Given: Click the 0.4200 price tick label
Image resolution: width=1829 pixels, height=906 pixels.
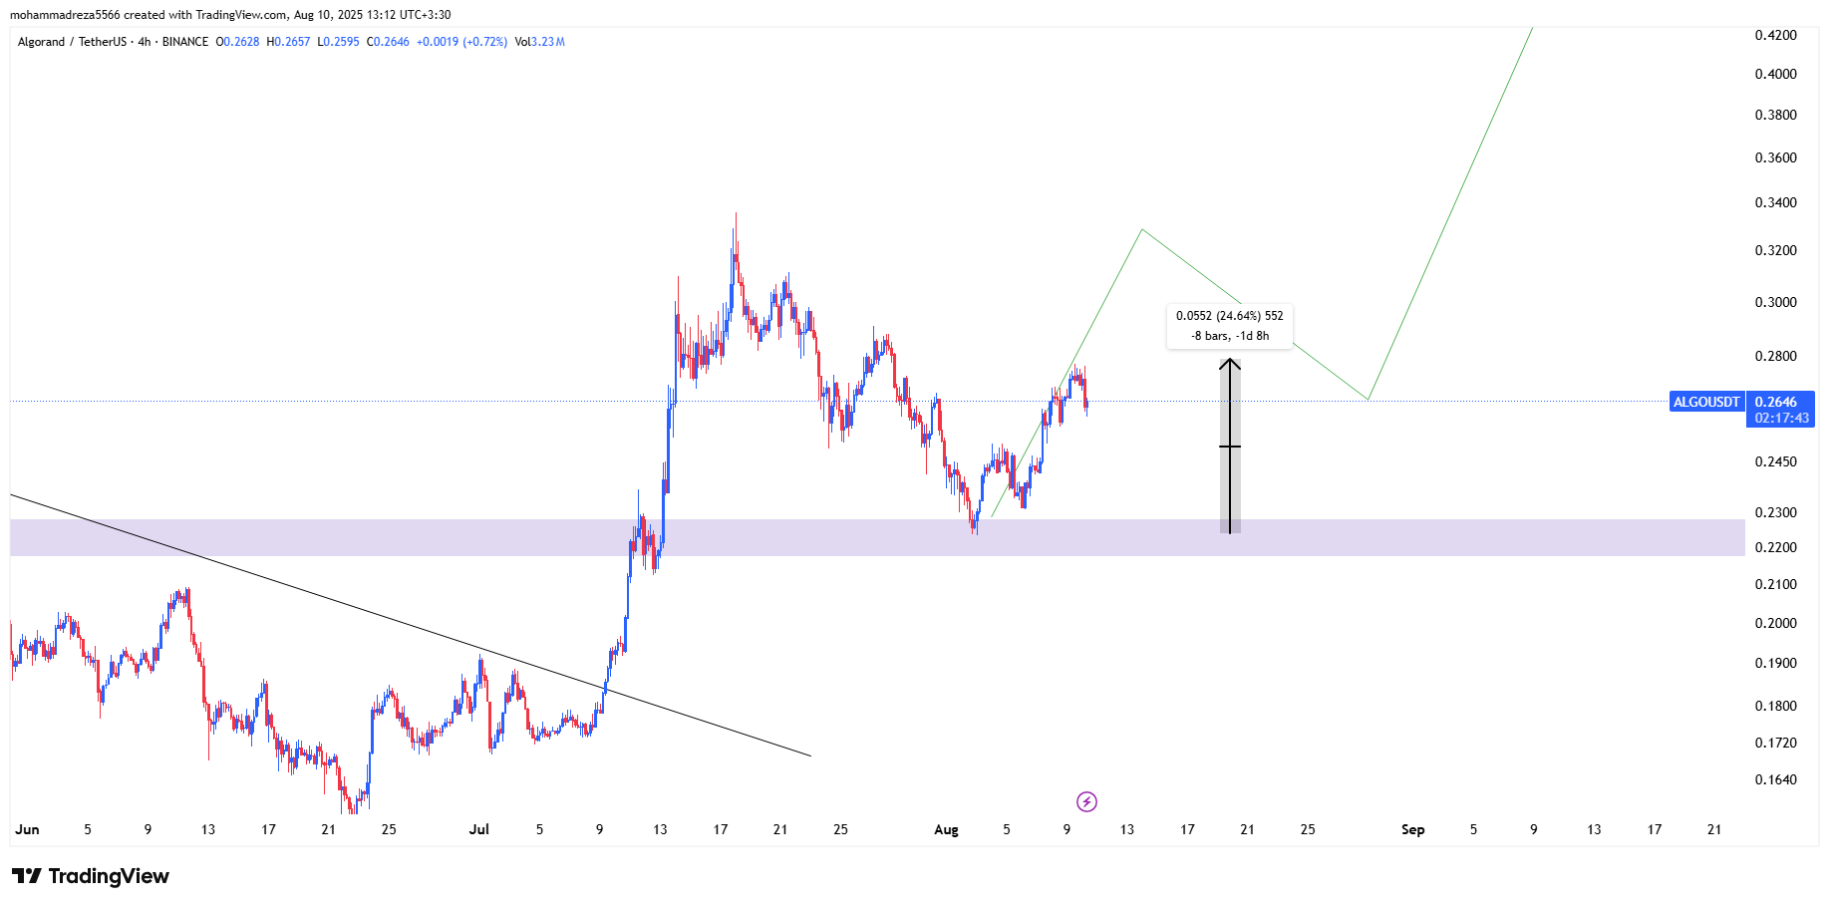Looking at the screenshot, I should pyautogui.click(x=1775, y=35).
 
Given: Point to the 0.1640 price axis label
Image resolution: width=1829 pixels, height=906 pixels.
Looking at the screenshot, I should pyautogui.click(x=1775, y=779).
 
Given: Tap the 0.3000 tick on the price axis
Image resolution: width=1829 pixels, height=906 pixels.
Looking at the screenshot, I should pyautogui.click(x=1775, y=302).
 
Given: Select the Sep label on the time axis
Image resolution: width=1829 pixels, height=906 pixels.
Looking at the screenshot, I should pyautogui.click(x=1412, y=829).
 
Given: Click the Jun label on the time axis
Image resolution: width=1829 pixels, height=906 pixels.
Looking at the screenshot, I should pyautogui.click(x=28, y=829).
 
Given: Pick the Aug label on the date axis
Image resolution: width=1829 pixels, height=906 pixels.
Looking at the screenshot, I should pyautogui.click(x=946, y=829).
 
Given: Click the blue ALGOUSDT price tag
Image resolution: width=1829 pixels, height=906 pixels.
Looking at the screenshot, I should pyautogui.click(x=1706, y=402).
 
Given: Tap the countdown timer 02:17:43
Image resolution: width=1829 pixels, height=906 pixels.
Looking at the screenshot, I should pyautogui.click(x=1781, y=419).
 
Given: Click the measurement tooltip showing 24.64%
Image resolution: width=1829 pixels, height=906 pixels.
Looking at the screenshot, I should pyautogui.click(x=1229, y=325).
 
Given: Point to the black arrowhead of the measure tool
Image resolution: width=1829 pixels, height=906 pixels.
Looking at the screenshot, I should pyautogui.click(x=1230, y=364).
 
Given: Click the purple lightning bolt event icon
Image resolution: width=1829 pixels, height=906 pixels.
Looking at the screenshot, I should pyautogui.click(x=1086, y=801).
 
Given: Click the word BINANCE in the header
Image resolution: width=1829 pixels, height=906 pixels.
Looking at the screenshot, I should pyautogui.click(x=185, y=42).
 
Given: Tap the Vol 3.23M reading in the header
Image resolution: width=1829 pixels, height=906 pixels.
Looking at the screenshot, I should pyautogui.click(x=539, y=42).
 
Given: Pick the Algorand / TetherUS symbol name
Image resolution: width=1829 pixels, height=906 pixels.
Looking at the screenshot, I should pyautogui.click(x=72, y=42).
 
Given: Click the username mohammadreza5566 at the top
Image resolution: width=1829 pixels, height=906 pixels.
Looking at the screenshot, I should pyautogui.click(x=64, y=15).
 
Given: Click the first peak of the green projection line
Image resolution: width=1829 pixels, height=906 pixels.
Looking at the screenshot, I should pyautogui.click(x=1142, y=230).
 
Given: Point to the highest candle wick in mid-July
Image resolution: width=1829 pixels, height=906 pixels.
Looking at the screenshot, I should pyautogui.click(x=736, y=214).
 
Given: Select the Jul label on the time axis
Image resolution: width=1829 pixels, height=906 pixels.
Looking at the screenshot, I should pyautogui.click(x=479, y=829).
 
